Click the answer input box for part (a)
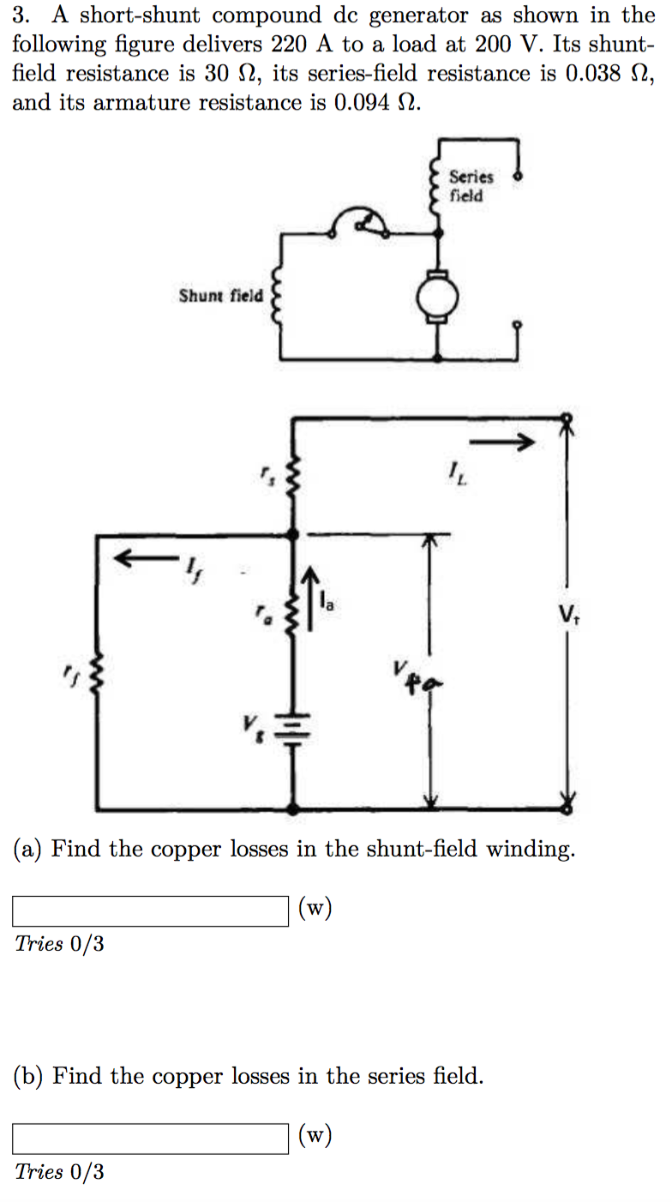(150, 911)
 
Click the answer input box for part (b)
(150, 1139)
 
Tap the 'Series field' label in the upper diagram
(471, 186)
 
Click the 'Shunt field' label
(220, 296)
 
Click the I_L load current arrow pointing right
(502, 442)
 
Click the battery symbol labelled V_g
(293, 730)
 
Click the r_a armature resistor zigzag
(294, 613)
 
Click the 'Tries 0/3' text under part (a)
(59, 944)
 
